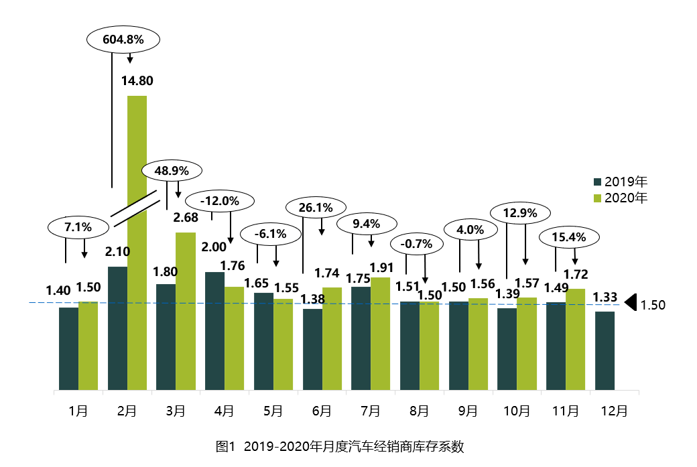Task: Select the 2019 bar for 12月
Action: [x=605, y=350]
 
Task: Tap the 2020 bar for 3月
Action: [x=186, y=311]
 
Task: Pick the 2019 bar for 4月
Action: [x=214, y=330]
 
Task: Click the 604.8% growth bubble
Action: [x=123, y=40]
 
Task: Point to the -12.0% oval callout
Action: [x=220, y=200]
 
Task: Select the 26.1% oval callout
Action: [x=316, y=208]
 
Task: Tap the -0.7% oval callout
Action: [x=416, y=243]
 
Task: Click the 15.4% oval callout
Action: [x=569, y=237]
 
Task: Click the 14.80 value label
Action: [x=137, y=81]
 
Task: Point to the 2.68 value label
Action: [x=186, y=218]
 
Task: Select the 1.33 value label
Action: [x=605, y=297]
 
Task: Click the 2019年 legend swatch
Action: [x=598, y=182]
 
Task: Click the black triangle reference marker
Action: [x=629, y=304]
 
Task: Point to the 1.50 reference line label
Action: [x=653, y=306]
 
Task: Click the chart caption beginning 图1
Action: [x=340, y=446]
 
